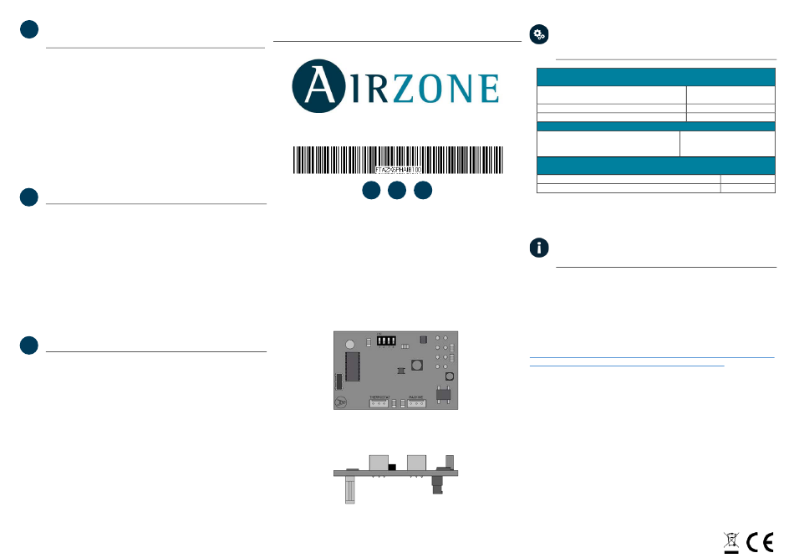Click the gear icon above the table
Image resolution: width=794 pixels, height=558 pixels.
click(539, 33)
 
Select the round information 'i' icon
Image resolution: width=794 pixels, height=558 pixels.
click(540, 248)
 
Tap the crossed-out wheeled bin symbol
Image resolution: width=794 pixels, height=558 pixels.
click(731, 542)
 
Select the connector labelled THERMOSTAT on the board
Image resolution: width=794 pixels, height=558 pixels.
click(379, 403)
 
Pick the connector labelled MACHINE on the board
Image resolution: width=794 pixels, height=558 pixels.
click(417, 403)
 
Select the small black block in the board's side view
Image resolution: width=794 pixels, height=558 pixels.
click(391, 466)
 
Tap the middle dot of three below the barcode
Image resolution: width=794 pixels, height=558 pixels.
click(397, 191)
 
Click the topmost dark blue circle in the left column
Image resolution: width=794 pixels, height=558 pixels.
click(30, 29)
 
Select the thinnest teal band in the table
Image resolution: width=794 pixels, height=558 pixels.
click(655, 126)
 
